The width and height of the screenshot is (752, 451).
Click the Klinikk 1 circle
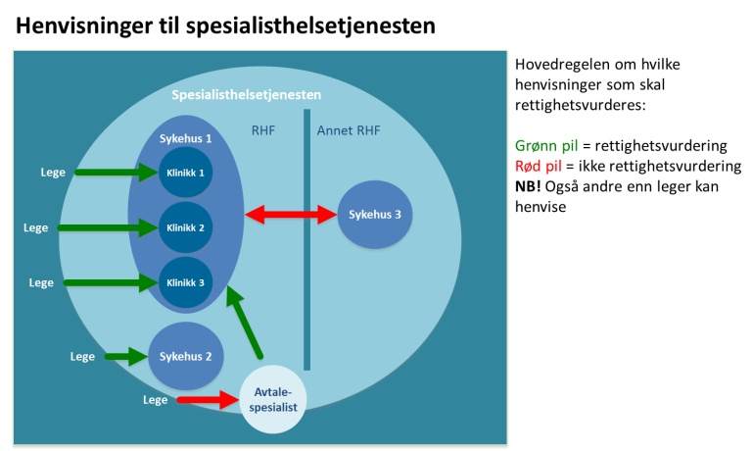point(185,173)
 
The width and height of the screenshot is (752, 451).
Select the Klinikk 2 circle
point(185,227)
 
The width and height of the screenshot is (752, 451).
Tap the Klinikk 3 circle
point(185,282)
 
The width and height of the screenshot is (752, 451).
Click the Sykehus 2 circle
point(186,356)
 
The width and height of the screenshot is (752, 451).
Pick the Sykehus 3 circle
point(375,214)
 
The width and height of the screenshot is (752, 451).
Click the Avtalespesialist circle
point(273,400)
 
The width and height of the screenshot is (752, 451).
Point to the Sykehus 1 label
point(186,139)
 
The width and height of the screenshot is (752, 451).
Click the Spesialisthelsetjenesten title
point(246,95)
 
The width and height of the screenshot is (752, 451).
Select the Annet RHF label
point(349,130)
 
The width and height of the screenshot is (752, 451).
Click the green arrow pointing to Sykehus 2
point(125,356)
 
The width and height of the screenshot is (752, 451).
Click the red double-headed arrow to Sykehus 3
point(291,214)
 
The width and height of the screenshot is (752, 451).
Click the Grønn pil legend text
point(546,146)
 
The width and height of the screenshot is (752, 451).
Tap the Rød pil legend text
point(539,166)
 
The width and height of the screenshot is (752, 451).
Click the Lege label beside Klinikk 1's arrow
point(53,173)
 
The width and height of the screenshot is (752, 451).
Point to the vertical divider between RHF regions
point(306,245)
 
